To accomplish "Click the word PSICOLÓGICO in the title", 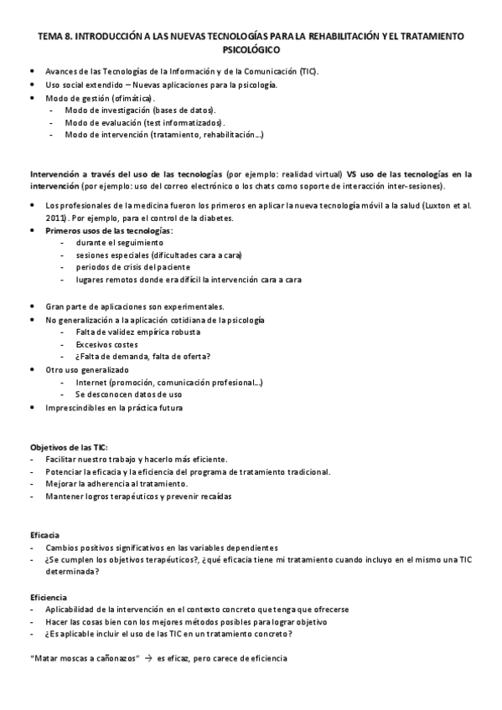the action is click(x=251, y=49).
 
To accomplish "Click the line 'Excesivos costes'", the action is click(x=106, y=344).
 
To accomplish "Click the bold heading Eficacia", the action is click(x=44, y=534).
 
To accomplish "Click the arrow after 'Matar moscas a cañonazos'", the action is click(x=147, y=659).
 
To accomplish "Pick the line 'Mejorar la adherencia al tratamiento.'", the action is click(x=116, y=484).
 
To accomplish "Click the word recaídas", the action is click(x=214, y=496).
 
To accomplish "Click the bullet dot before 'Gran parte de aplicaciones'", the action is click(x=31, y=306).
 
